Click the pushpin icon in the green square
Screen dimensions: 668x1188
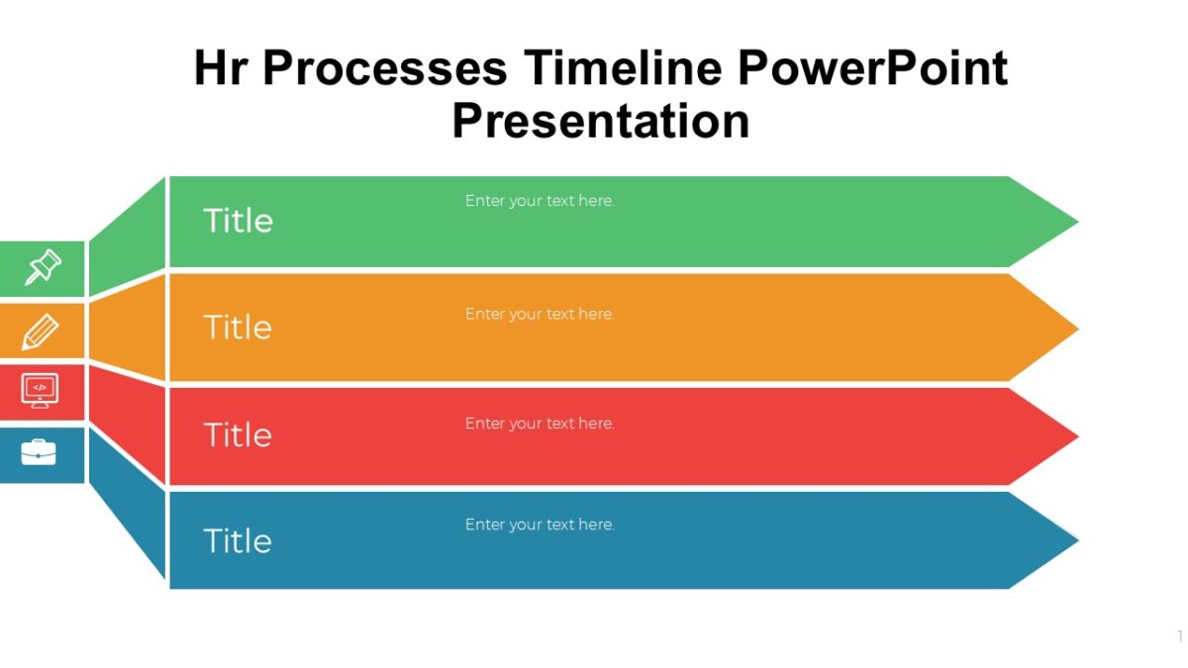43,268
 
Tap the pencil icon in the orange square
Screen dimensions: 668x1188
40,332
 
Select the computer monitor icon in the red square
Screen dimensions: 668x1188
40,391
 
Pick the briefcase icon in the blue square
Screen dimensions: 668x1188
39,452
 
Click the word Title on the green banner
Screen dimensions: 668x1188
238,221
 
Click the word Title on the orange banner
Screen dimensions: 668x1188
238,328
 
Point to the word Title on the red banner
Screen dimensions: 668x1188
238,434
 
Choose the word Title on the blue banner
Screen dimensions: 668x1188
238,540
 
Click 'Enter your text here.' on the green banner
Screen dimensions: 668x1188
540,201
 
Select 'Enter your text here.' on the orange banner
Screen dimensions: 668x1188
540,314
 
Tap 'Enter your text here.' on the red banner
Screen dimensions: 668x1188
540,424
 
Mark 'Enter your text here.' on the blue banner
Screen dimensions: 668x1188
540,525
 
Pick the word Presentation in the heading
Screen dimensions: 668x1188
601,121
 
